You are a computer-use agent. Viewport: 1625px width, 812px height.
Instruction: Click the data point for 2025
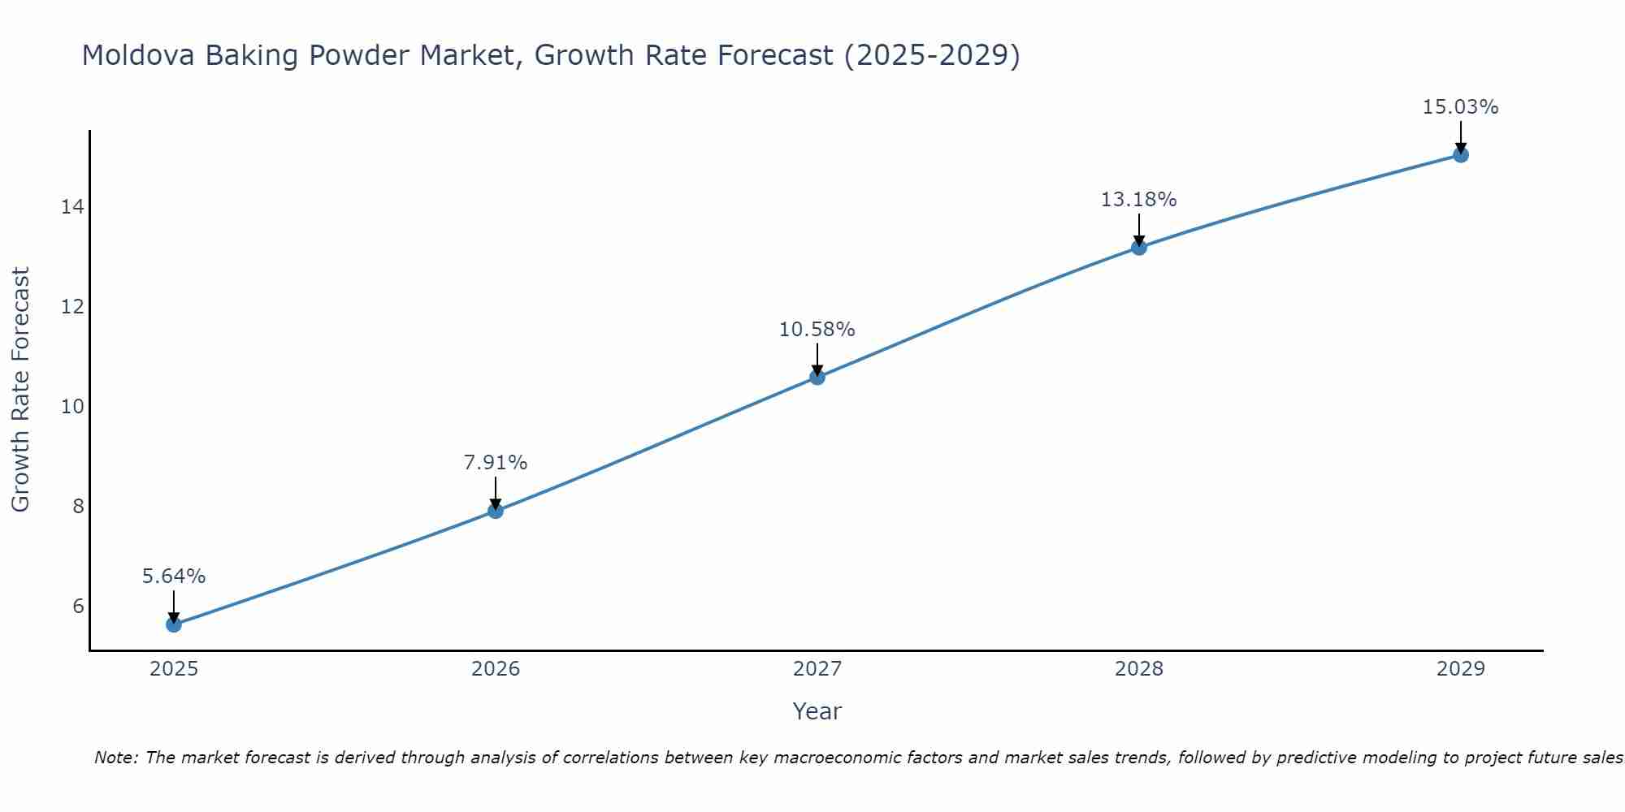click(x=174, y=624)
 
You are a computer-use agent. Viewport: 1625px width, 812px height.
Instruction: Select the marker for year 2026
click(x=496, y=511)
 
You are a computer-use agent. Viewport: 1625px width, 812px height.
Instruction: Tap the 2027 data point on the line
click(x=817, y=377)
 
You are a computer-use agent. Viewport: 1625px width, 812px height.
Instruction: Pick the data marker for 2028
click(x=1139, y=247)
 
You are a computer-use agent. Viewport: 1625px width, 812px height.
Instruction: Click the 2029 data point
click(x=1461, y=154)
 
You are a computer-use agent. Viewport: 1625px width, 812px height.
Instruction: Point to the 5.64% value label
click(x=174, y=577)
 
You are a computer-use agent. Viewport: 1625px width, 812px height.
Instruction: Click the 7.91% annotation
click(x=496, y=463)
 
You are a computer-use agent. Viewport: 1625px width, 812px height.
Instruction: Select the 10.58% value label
click(x=817, y=330)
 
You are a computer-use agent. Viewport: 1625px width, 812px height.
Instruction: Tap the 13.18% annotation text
click(x=1139, y=200)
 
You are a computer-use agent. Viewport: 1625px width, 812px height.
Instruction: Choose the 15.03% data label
click(x=1461, y=107)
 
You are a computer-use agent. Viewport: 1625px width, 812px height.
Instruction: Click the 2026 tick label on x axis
click(x=496, y=669)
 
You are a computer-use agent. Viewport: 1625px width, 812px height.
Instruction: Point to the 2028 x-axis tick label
click(x=1139, y=669)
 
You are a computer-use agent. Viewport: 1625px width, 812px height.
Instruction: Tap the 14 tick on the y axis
click(x=72, y=207)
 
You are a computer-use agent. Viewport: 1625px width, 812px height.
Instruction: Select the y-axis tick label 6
click(x=78, y=606)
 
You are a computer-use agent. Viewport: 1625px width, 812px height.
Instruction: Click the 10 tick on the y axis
click(x=72, y=406)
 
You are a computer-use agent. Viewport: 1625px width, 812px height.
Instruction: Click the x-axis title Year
click(x=817, y=711)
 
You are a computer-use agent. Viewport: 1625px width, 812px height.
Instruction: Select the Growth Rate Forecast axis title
click(x=20, y=390)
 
